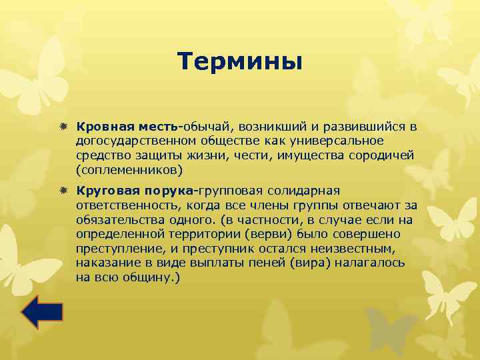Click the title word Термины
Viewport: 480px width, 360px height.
pyautogui.click(x=240, y=62)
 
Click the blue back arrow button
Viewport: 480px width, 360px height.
pyautogui.click(x=41, y=312)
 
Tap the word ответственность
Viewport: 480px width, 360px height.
pyautogui.click(x=127, y=205)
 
